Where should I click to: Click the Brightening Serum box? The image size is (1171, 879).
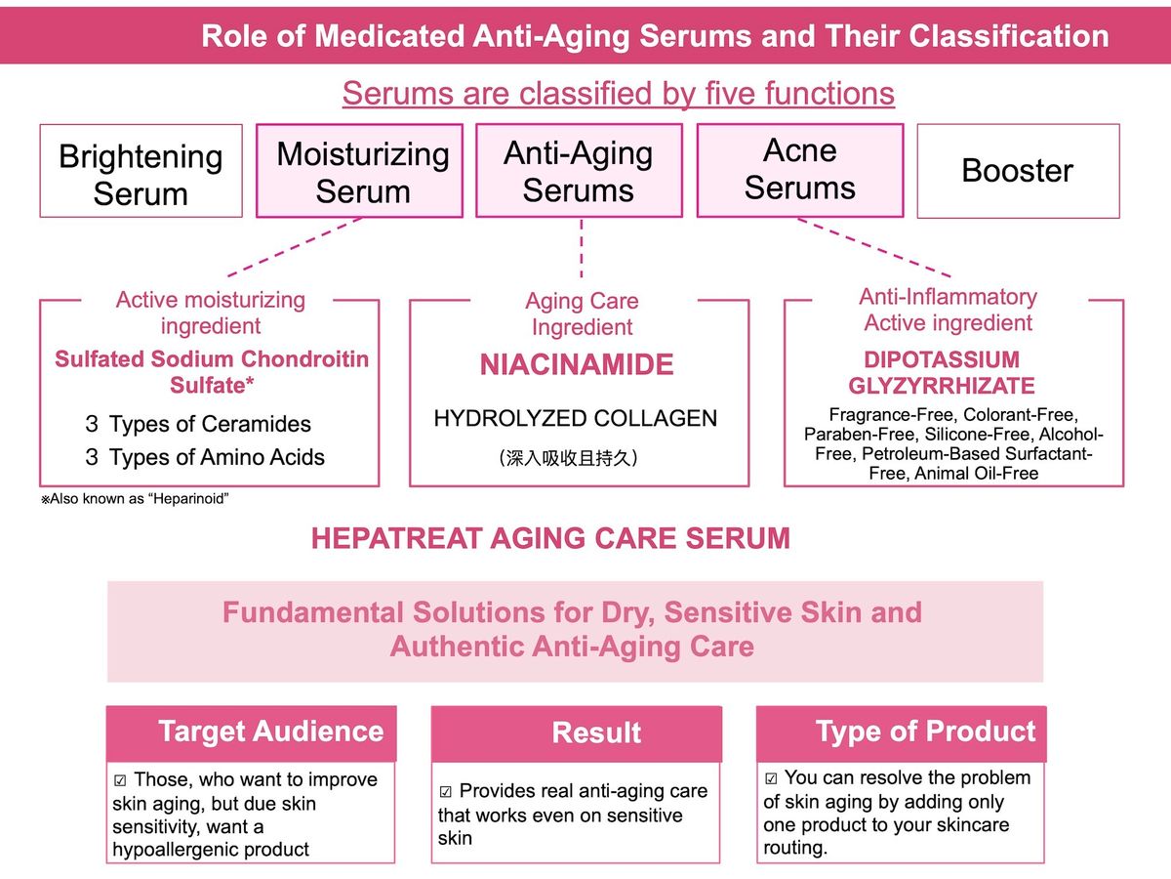point(141,171)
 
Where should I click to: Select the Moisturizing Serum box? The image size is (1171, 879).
point(359,171)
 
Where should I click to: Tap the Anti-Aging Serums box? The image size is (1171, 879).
point(579,171)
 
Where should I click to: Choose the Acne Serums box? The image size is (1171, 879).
point(800,171)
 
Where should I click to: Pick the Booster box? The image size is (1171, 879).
point(1019,171)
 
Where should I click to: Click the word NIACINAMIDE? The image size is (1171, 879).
point(577,365)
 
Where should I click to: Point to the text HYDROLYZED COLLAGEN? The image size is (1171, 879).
point(575,418)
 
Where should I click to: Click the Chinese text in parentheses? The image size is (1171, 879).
point(568,458)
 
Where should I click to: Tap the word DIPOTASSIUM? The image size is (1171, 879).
point(942,359)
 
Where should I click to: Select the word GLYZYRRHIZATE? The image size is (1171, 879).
point(942,386)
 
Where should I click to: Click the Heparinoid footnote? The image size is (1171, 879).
point(135,499)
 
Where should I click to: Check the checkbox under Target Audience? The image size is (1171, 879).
point(120,780)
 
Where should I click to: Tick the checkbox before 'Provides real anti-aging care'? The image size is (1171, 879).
point(445,791)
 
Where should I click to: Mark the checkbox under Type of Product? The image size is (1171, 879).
point(771,778)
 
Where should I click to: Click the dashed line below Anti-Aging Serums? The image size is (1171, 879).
point(581,249)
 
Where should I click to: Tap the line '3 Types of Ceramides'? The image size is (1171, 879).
point(198,424)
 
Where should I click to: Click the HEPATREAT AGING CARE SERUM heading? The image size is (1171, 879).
point(550,538)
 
